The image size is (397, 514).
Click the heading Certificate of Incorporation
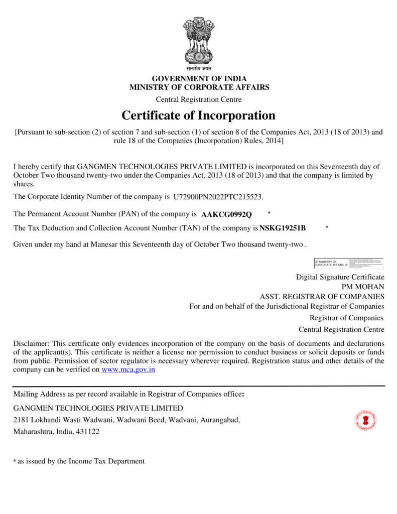[x=199, y=115]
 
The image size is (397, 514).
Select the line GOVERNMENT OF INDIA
[x=199, y=79]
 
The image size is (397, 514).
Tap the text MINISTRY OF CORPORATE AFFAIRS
[x=199, y=87]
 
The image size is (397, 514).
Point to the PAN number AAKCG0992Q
[x=226, y=215]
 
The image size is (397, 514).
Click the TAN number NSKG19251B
[x=283, y=228]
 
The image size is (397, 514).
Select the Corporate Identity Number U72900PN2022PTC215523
[x=218, y=196]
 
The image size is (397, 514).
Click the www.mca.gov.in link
[x=128, y=369]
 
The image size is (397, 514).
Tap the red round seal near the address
[x=366, y=421]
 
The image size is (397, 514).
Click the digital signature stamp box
[x=348, y=264]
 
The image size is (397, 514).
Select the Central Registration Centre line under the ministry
[x=199, y=99]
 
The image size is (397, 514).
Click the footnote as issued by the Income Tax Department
[x=81, y=461]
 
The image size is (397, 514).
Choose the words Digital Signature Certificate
[x=340, y=277]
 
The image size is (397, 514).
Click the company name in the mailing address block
[x=98, y=408]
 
